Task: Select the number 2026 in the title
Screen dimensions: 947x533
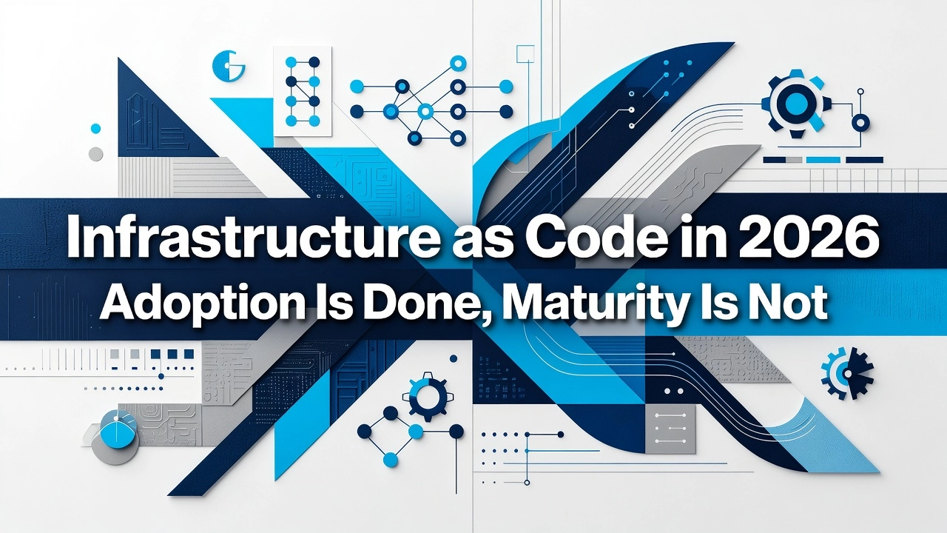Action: tap(809, 237)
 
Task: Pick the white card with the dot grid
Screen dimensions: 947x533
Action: tap(303, 92)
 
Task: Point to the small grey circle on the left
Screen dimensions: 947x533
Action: tap(96, 153)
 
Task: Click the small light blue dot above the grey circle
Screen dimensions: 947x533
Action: tap(96, 128)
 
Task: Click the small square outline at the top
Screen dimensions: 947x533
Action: tap(525, 54)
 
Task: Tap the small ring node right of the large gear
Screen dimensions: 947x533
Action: tap(860, 124)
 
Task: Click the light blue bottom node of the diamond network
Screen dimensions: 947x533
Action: tap(390, 459)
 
